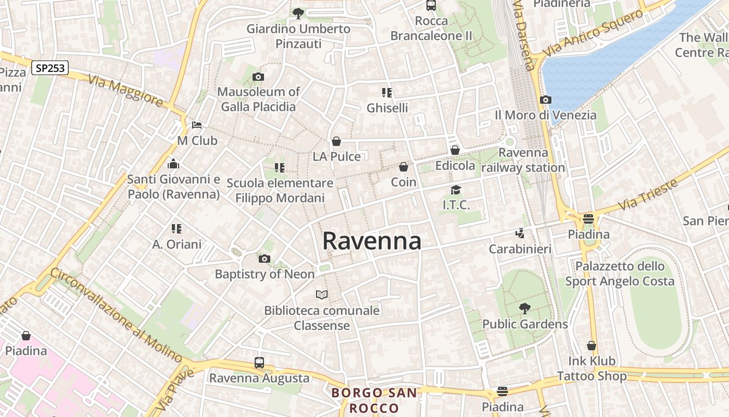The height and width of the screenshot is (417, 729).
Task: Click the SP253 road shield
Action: (x=50, y=68)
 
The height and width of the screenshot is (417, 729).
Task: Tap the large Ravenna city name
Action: (x=372, y=241)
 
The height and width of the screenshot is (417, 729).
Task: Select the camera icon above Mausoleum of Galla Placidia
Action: (x=258, y=77)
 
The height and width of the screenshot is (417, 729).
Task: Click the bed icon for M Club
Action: (x=197, y=125)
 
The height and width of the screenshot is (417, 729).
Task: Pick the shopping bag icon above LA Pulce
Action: (x=336, y=141)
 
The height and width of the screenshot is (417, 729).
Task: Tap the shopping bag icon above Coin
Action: (x=403, y=167)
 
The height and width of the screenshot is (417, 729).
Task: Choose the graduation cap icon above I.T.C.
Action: (x=456, y=190)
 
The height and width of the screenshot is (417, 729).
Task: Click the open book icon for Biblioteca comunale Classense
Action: (x=322, y=295)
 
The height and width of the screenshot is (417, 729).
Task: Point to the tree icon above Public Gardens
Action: (x=524, y=309)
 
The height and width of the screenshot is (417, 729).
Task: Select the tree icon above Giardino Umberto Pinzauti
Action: (x=298, y=14)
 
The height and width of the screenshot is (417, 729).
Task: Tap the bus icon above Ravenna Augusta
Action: (x=259, y=363)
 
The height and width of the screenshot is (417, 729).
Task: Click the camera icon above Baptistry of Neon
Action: (x=264, y=259)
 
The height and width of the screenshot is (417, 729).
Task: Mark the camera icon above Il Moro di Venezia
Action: (x=545, y=100)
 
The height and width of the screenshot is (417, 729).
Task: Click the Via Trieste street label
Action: (x=649, y=194)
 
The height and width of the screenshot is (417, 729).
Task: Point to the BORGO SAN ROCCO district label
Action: (x=374, y=400)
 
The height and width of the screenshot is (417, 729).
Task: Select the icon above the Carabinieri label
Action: (x=520, y=234)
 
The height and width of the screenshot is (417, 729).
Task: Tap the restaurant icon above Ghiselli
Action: (x=386, y=93)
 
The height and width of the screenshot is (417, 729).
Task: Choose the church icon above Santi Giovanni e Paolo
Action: (x=173, y=164)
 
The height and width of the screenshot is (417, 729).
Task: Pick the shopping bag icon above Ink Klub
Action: (x=592, y=346)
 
